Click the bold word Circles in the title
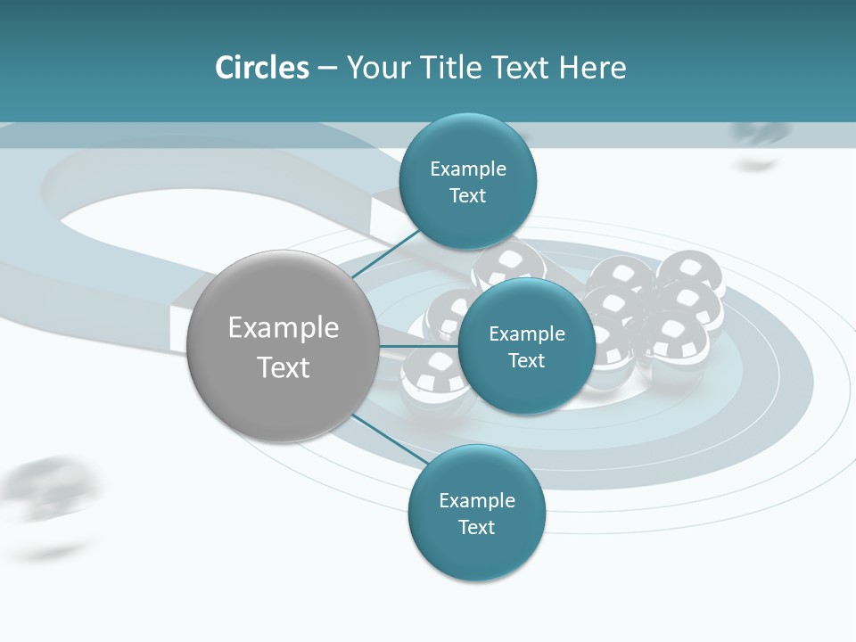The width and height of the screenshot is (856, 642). pos(261,68)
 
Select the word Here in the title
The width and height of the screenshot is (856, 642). pos(593,68)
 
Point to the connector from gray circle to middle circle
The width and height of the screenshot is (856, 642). pos(418,345)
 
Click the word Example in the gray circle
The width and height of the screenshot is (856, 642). pos(283,328)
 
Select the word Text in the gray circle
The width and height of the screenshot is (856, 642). pos(283,367)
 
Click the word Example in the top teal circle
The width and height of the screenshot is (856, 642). pos(467,169)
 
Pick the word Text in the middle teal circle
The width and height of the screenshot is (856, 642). pos(526,361)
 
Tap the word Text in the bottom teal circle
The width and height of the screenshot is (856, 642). pos(476,528)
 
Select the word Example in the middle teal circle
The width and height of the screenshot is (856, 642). pos(526,334)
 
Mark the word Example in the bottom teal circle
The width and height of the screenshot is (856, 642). pos(476,501)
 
